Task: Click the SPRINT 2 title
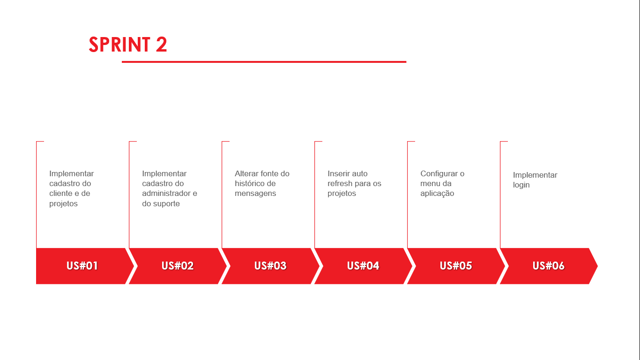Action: (128, 45)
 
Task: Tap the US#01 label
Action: (82, 266)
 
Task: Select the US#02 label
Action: (178, 266)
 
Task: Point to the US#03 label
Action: (270, 266)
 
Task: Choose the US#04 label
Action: (363, 266)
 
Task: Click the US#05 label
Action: (456, 266)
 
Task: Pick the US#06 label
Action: (549, 266)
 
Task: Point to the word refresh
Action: (340, 183)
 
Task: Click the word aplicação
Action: (437, 194)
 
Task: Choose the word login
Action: (521, 185)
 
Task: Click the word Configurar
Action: (439, 174)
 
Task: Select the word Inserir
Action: (338, 173)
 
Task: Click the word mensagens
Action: (255, 194)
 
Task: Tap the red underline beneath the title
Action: (264, 62)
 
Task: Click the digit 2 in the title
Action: (162, 45)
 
